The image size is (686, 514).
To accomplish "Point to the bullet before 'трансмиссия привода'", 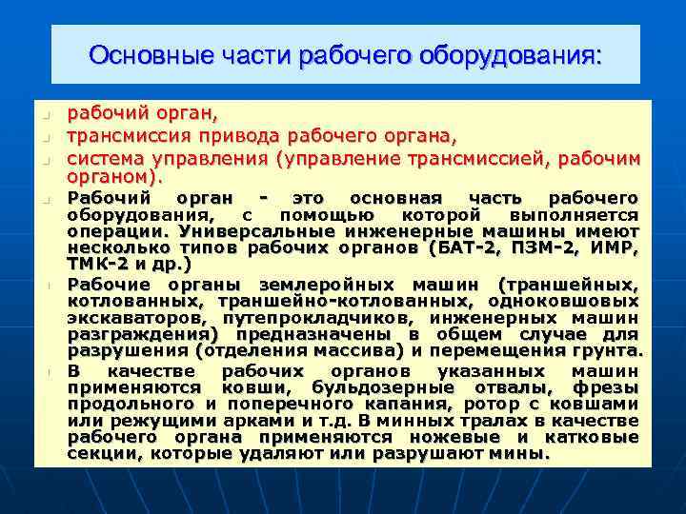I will click(x=44, y=137).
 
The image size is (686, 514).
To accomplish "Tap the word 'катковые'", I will click(x=595, y=438).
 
